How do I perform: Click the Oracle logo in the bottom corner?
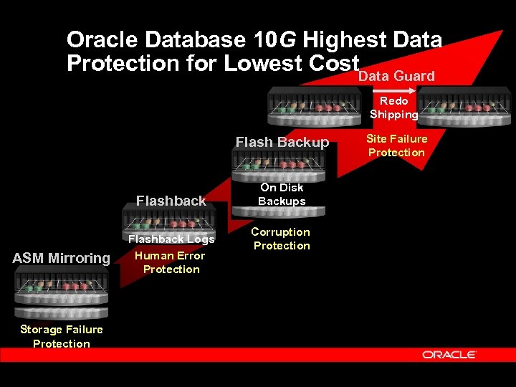449,355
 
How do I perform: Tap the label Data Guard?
396,76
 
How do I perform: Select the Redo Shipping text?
393,107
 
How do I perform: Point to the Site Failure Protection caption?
396,145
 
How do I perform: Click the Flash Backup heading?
282,142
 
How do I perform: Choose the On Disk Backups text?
282,194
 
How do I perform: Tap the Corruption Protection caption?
281,239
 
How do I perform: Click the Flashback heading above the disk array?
171,201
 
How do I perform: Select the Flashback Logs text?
171,239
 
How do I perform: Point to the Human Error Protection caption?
171,262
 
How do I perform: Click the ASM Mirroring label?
62,258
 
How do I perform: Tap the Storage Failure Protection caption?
62,336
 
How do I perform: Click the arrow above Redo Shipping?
401,91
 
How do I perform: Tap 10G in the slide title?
273,40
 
